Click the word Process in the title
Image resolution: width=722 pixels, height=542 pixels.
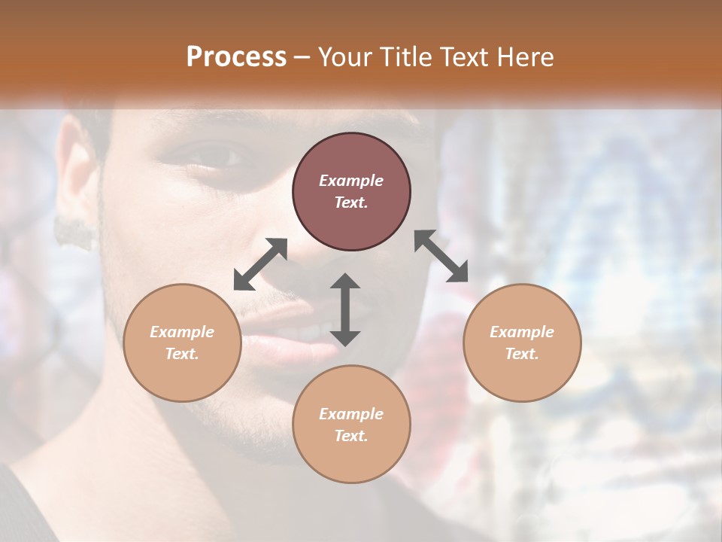(x=236, y=57)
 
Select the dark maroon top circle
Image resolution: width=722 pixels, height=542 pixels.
(x=351, y=191)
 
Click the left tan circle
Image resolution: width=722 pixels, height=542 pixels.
(x=182, y=343)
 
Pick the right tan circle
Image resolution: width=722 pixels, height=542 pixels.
(x=522, y=343)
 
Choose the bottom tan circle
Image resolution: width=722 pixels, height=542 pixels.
(x=351, y=425)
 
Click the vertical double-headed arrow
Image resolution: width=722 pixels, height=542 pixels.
(x=345, y=309)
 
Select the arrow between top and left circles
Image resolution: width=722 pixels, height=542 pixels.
(x=260, y=264)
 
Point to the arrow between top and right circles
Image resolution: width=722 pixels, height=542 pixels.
(x=441, y=256)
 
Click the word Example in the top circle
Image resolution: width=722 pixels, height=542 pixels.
(x=351, y=181)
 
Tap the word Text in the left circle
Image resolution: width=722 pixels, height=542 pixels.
(x=182, y=354)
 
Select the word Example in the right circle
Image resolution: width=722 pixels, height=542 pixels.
(x=522, y=332)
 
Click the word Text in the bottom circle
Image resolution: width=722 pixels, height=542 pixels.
(x=351, y=436)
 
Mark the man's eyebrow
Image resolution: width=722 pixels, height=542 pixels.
(x=218, y=132)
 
